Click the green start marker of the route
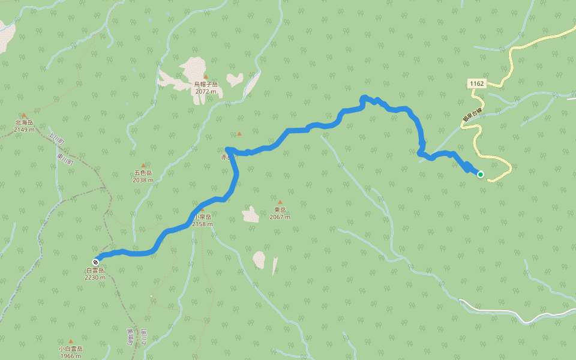point(480,174)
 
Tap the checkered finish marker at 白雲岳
point(96,262)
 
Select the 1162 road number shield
point(477,84)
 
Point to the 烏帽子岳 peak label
point(206,85)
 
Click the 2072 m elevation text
point(206,92)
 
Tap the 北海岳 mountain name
point(24,123)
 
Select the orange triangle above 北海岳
point(24,115)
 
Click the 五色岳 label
point(143,173)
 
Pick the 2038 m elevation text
point(143,179)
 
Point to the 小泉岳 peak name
point(202,217)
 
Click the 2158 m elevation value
point(203,224)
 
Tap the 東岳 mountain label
point(280,210)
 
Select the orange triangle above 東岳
point(280,202)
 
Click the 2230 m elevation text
point(95,278)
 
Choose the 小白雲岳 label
point(70,349)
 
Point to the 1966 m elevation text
point(70,356)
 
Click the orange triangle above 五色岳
point(143,166)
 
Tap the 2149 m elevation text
point(24,130)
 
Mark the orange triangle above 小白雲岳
point(70,341)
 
